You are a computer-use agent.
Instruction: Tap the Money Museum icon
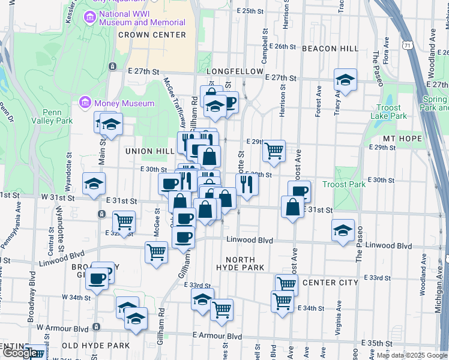85,103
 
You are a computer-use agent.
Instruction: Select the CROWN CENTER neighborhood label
151,35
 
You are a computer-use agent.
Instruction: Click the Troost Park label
344,184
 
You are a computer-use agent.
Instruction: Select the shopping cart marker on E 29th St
274,151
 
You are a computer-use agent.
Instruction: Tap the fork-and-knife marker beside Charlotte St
247,184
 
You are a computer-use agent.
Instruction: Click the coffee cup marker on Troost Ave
299,191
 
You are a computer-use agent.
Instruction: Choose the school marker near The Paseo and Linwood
343,231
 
